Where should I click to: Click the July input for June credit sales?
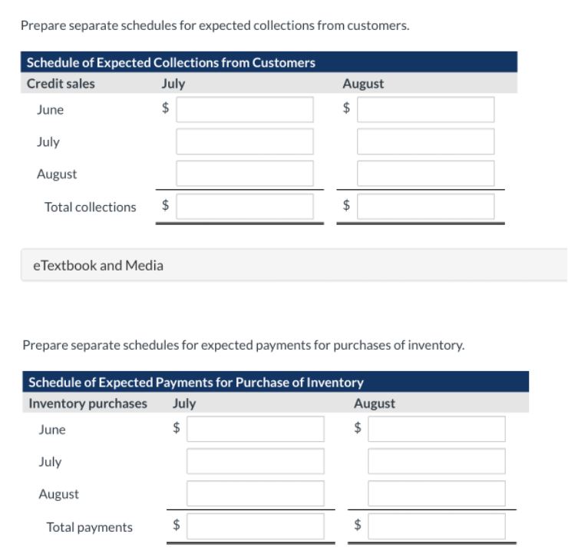245,110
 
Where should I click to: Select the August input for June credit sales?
425,110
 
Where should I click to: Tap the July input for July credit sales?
245,142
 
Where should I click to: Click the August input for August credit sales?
425,174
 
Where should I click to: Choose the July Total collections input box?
245,207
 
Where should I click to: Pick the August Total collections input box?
425,207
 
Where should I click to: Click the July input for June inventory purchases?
256,430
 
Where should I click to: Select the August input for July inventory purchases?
436,462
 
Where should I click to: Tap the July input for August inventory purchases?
256,494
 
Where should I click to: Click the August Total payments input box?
436,527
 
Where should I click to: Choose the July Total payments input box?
256,527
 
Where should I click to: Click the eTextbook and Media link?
97,266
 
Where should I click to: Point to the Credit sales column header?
61,84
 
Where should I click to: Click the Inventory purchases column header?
88,403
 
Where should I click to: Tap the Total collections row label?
90,207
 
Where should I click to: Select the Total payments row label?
89,527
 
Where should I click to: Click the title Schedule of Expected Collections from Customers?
171,62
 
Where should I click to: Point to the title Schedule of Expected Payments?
196,382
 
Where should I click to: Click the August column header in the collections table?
363,84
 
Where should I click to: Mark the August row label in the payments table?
58,494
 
